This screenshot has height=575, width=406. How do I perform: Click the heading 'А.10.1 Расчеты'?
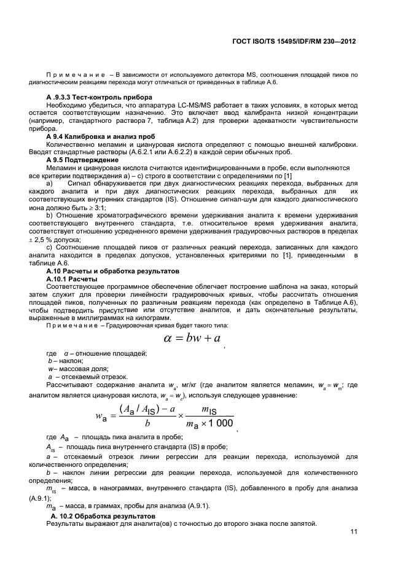click(72, 279)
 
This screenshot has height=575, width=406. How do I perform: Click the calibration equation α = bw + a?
click(192, 338)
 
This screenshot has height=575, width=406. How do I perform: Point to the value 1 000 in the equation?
click(221, 423)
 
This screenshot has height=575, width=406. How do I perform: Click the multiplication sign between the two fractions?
click(181, 417)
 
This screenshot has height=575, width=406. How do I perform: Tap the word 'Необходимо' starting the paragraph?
click(65, 106)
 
